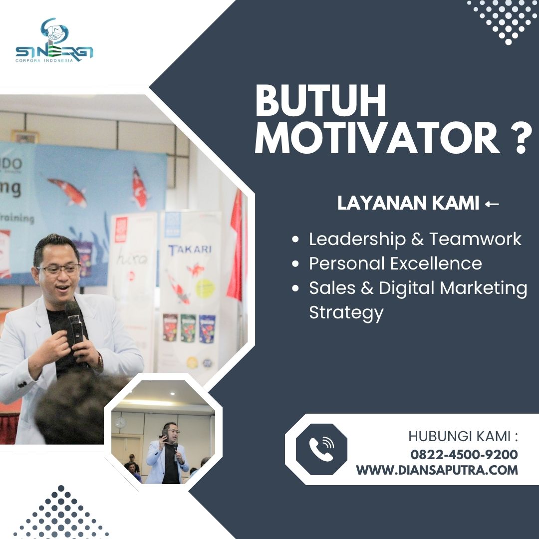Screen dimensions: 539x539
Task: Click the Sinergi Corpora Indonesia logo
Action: [54, 40]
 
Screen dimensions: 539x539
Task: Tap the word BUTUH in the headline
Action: [320, 101]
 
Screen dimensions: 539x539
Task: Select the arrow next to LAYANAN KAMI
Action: [492, 204]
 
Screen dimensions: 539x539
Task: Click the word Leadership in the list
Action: [357, 239]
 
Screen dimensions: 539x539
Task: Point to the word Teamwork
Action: [476, 239]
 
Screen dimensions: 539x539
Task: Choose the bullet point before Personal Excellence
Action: [295, 264]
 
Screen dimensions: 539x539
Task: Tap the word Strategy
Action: [346, 313]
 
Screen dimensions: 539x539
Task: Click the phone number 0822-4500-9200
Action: [464, 455]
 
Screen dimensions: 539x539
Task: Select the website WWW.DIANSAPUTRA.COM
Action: [437, 470]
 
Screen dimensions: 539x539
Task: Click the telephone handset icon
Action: [321, 449]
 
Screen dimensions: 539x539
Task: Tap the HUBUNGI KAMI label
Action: [463, 437]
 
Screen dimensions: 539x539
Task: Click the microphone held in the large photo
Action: [74, 322]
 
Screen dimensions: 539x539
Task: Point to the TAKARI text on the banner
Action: [190, 250]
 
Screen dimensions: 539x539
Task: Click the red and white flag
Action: [236, 247]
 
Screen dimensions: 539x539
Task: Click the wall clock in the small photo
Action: [120, 423]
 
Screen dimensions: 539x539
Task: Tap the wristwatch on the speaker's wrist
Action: [100, 362]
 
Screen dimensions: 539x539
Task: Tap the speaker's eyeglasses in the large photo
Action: [58, 269]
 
